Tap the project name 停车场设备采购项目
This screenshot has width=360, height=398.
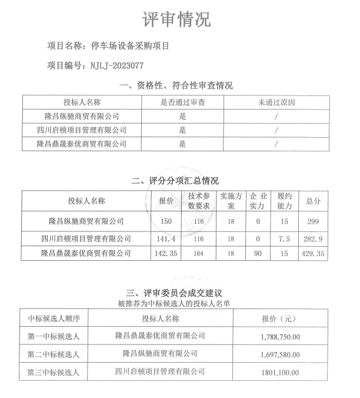(127, 45)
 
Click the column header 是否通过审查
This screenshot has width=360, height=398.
(182, 102)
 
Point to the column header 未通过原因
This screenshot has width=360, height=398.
(275, 102)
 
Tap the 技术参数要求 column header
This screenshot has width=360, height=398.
(199, 201)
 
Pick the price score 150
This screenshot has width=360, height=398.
(166, 221)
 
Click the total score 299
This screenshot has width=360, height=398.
(314, 221)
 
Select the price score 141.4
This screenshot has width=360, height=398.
(166, 239)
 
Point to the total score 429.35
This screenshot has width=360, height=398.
(313, 254)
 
